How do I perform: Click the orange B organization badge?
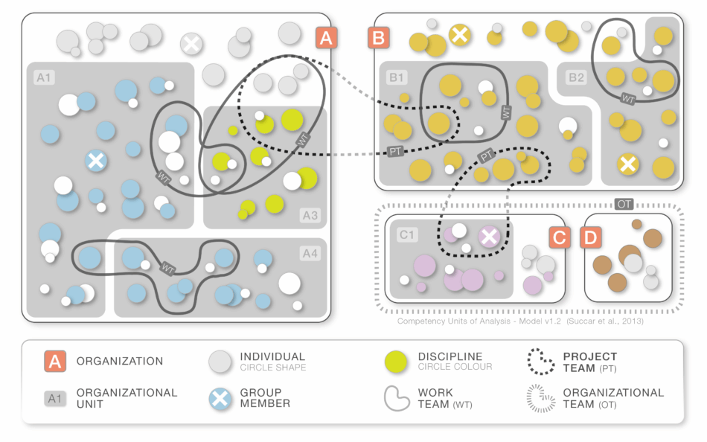pyautogui.click(x=378, y=38)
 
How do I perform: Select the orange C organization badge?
pyautogui.click(x=560, y=237)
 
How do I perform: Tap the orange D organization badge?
pyautogui.click(x=590, y=237)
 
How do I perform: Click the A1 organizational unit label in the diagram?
pyautogui.click(x=45, y=77)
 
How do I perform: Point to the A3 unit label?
pyautogui.click(x=310, y=216)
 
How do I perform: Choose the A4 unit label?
pyautogui.click(x=310, y=254)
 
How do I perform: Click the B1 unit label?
pyautogui.click(x=396, y=77)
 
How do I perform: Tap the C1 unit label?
pyautogui.click(x=407, y=235)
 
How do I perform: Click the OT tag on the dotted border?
pyautogui.click(x=625, y=203)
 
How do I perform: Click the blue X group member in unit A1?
pyautogui.click(x=95, y=160)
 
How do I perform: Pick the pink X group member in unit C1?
pyautogui.click(x=489, y=237)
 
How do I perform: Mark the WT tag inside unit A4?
pyautogui.click(x=167, y=266)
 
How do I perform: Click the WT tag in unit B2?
pyautogui.click(x=629, y=98)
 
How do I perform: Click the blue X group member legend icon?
pyautogui.click(x=220, y=398)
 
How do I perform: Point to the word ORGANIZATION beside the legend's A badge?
pyautogui.click(x=119, y=362)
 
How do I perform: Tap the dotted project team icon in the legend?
pyautogui.click(x=540, y=362)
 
